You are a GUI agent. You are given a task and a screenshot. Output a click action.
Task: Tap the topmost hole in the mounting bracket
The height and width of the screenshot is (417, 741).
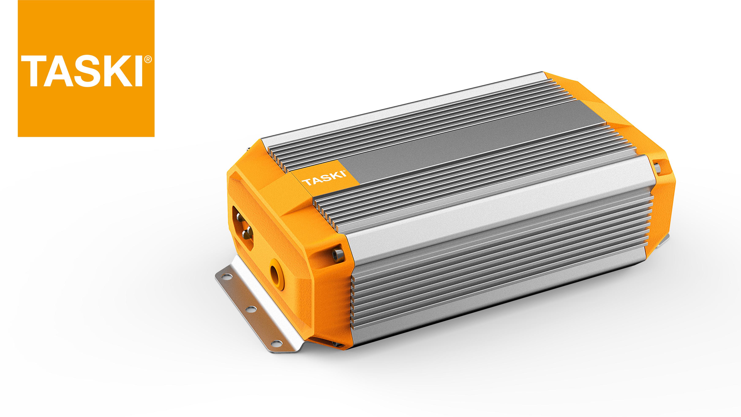228,277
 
